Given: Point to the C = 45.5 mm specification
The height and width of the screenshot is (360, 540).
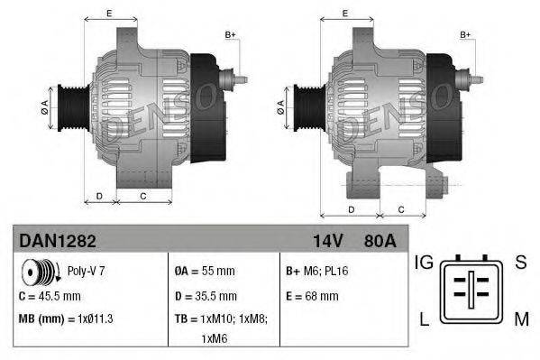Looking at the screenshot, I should click(50, 295).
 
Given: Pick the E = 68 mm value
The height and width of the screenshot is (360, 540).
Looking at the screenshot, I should click(311, 295).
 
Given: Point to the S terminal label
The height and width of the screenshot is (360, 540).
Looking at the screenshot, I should click(520, 263).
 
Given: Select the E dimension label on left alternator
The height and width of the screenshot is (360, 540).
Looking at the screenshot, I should click(109, 13).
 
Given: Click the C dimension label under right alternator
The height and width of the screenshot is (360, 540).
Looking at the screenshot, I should click(400, 209).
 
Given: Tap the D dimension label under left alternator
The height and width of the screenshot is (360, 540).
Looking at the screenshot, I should click(99, 195).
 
